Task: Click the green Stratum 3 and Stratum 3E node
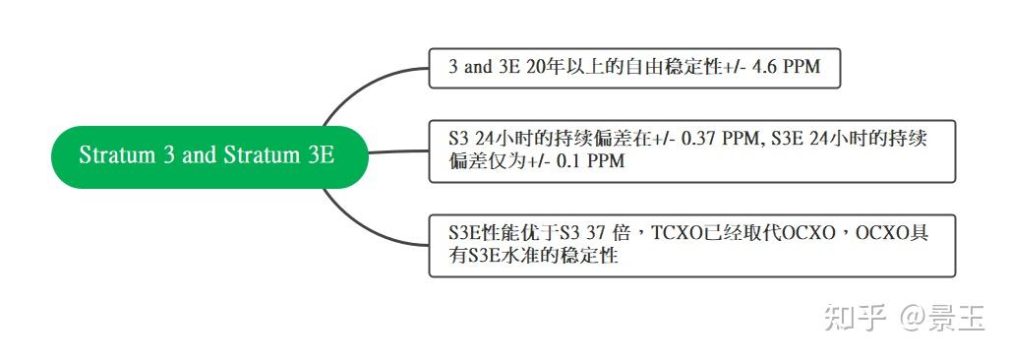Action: (208, 155)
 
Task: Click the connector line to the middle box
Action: (398, 152)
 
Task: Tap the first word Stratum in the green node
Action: (114, 155)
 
